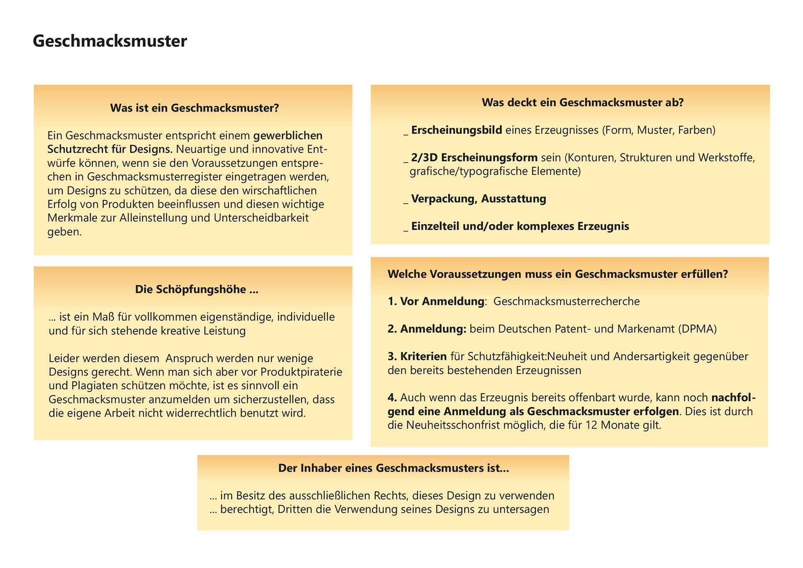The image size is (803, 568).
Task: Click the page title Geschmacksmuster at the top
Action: pos(110,41)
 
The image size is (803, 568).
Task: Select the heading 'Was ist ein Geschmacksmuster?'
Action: pos(194,108)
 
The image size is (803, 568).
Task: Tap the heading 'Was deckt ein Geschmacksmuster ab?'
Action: pos(583,102)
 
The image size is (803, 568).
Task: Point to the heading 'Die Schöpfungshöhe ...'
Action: pos(197,289)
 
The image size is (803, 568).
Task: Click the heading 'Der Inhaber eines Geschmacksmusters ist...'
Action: pos(394,468)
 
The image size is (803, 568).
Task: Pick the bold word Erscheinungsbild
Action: pos(457,130)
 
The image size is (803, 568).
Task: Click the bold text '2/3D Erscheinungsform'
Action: pos(474,158)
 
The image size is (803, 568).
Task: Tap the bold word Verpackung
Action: pos(444,199)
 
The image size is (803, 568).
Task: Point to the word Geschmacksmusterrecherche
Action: pos(567,302)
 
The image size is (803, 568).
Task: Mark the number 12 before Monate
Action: pos(591,425)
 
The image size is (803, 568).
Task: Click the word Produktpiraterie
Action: pos(301,372)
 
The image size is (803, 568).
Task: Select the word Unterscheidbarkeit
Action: pos(261,218)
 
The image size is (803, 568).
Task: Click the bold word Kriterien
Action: pos(423,356)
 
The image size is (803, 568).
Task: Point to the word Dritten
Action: pos(297,509)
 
